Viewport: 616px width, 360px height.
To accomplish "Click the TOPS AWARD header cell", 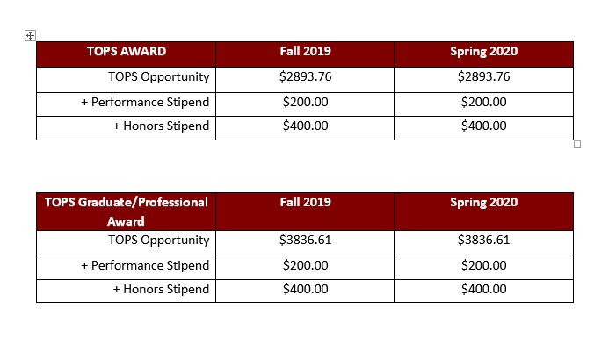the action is point(127,52).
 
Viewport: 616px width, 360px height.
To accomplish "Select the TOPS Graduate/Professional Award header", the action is point(127,212).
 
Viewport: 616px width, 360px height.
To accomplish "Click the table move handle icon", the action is point(30,35).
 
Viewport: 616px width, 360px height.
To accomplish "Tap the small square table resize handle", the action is point(577,144).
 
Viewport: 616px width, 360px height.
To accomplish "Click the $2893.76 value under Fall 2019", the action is point(305,77).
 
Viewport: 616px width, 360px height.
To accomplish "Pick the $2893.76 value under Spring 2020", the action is point(483,77).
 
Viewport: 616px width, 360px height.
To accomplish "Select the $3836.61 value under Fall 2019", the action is point(305,241).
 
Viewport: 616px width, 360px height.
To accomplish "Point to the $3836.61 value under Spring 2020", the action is point(483,241).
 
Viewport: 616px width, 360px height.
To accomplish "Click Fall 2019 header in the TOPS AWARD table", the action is point(305,52).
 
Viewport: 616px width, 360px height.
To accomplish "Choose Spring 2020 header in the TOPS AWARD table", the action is point(483,52).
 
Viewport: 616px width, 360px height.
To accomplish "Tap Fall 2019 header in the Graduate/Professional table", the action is point(305,203).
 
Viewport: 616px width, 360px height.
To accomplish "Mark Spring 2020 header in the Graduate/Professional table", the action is point(483,203).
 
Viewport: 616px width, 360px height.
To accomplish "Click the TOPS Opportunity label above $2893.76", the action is point(158,77).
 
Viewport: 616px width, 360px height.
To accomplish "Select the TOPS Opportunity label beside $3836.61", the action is point(158,241).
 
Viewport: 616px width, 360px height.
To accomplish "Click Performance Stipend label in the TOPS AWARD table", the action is point(145,103).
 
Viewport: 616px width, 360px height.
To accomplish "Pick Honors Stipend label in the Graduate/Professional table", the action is point(161,290).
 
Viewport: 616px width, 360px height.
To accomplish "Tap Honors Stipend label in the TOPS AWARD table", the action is point(161,126).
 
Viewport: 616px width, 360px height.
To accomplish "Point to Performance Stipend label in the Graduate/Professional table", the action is point(145,266).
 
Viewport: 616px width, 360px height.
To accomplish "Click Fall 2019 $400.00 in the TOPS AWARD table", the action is point(305,126).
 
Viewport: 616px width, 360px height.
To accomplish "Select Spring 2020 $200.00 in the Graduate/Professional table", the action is point(483,266).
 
